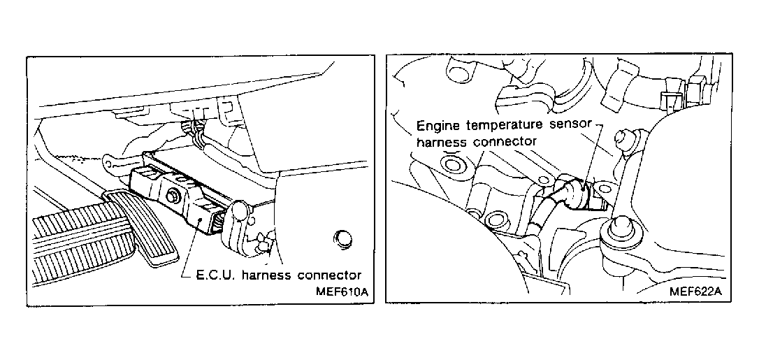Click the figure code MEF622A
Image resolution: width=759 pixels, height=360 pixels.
point(695,291)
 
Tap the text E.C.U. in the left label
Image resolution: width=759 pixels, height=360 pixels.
point(215,274)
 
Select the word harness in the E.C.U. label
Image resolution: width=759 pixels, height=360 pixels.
point(267,274)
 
